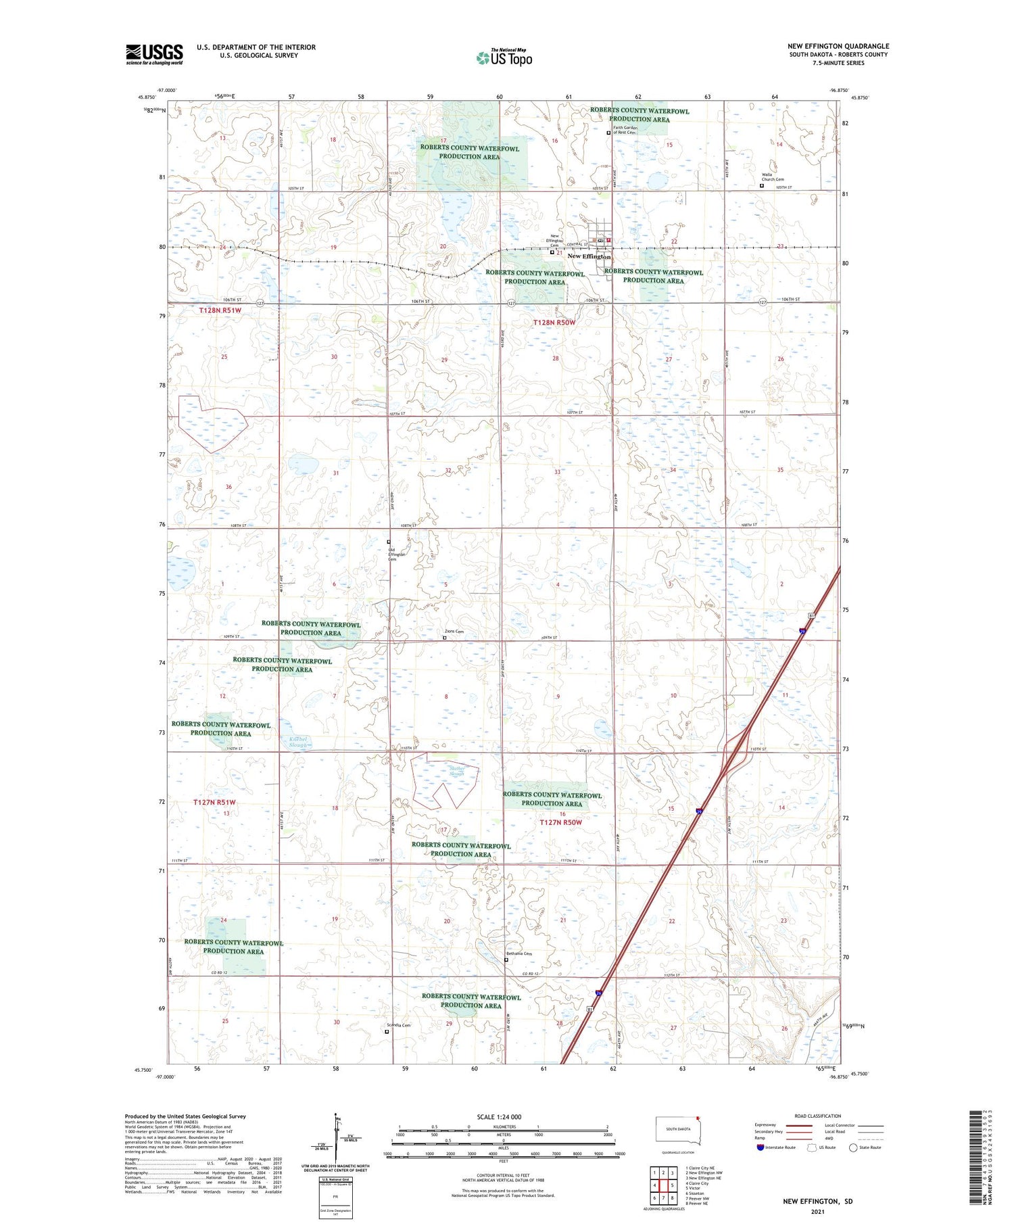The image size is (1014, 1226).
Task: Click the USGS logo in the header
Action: point(154,54)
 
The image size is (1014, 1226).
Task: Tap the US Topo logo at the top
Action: point(504,57)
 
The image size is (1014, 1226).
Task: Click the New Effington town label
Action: point(589,257)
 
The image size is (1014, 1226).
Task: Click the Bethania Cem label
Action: point(519,954)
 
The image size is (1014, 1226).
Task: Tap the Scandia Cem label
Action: point(399,1025)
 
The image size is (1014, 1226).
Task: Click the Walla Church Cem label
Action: point(773,177)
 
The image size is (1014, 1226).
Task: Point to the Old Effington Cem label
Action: point(397,555)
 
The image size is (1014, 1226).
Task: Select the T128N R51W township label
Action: point(220,310)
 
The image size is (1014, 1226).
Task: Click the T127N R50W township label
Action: point(560,822)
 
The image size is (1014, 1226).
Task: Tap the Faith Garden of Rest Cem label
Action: point(624,130)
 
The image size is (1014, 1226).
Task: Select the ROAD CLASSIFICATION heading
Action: point(818,1116)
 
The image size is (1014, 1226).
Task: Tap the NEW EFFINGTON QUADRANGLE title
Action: point(838,46)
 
